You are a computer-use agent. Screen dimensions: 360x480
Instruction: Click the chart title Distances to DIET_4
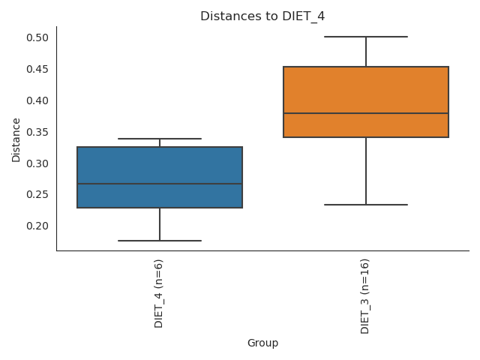coord(262,16)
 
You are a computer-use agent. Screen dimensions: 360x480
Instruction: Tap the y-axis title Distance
coord(16,139)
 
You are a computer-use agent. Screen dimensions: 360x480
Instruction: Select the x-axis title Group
coord(262,343)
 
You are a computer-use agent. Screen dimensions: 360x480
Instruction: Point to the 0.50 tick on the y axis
coord(38,37)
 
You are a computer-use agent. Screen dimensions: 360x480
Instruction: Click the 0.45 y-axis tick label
coord(38,69)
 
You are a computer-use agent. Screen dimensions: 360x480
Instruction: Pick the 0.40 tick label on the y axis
coord(38,100)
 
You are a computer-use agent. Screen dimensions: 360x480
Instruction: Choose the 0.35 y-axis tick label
coord(38,132)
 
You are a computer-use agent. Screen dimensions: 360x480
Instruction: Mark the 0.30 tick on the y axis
coord(38,163)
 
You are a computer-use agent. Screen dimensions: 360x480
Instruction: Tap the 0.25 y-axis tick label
coord(38,194)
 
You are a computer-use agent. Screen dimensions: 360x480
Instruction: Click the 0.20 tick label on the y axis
coord(38,226)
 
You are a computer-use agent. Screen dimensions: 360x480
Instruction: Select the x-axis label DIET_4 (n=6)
coord(159,293)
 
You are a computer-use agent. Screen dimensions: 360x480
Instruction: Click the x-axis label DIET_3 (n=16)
coord(365,296)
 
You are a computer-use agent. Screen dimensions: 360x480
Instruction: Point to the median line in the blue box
coord(160,184)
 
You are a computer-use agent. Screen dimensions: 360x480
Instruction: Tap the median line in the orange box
coord(366,113)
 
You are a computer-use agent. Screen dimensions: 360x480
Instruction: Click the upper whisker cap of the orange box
coord(366,37)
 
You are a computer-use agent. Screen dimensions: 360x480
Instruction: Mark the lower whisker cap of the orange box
coord(366,205)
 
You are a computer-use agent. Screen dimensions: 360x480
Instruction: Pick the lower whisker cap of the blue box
coord(160,241)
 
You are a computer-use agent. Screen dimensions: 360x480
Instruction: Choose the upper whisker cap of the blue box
coord(160,139)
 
